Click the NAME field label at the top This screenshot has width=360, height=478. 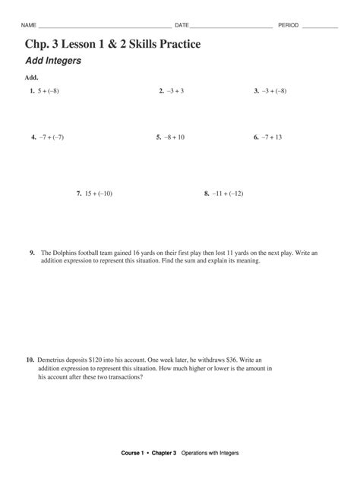point(29,26)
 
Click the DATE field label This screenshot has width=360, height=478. point(182,26)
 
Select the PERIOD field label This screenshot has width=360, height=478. point(289,26)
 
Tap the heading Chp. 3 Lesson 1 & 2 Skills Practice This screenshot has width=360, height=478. point(112,45)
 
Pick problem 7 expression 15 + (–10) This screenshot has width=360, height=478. point(99,193)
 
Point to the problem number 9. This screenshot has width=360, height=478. point(33,253)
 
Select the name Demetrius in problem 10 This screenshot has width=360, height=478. point(53,360)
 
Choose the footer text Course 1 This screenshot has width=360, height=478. point(132,453)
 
